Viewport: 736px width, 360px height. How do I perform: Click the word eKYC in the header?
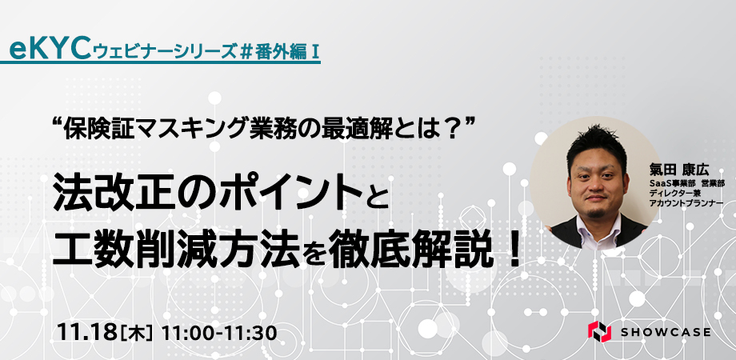tap(50, 50)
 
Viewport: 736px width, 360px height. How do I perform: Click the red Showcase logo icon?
tap(599, 331)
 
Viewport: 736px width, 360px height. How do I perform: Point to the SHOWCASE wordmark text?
tap(666, 332)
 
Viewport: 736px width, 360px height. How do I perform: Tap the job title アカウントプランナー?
tap(686, 202)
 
